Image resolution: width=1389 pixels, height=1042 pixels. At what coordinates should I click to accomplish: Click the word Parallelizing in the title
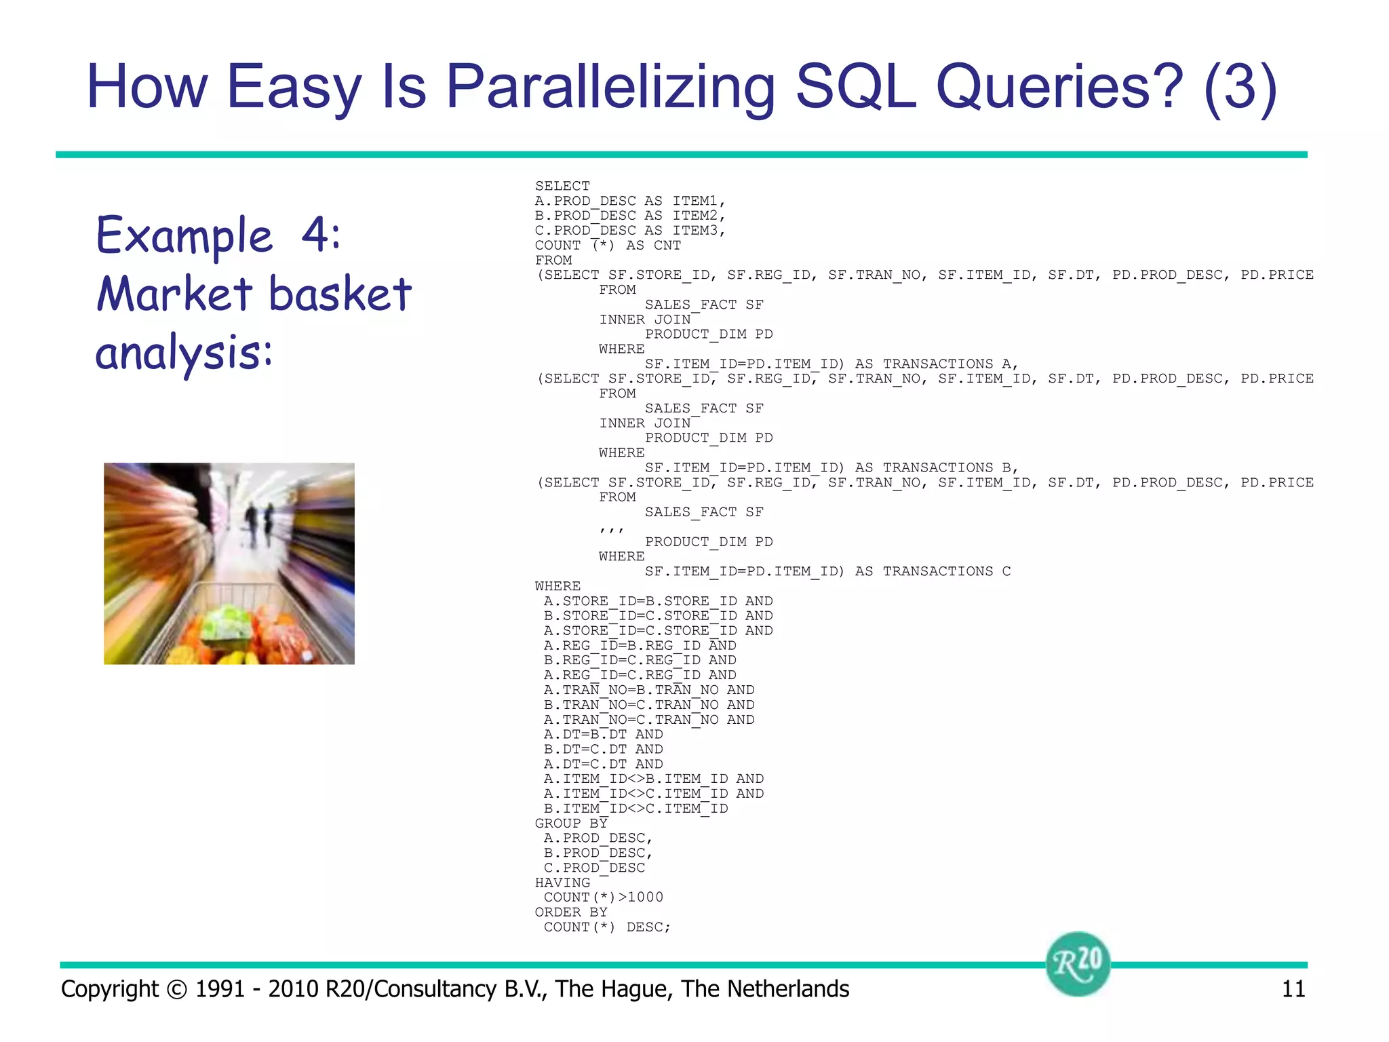coord(609,87)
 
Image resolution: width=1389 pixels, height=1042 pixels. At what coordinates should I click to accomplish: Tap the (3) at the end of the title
coord(1240,87)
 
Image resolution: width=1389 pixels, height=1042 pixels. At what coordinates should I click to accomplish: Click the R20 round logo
coord(1078,963)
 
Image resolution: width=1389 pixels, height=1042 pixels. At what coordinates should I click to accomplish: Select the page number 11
coord(1293,989)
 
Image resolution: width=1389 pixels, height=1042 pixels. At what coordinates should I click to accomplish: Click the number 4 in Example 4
coord(320,235)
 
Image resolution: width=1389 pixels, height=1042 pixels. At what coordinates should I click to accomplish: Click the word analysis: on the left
coord(183,353)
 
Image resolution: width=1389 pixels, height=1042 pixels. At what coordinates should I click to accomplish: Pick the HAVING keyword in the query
coord(562,883)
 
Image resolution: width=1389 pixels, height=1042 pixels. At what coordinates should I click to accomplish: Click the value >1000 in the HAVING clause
coord(641,898)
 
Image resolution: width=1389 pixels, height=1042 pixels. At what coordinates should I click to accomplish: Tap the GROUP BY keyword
coord(571,824)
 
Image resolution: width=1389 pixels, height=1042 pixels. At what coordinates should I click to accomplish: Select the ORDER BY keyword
coord(571,912)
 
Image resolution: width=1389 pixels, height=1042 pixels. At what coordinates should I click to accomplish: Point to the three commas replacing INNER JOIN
coord(611,528)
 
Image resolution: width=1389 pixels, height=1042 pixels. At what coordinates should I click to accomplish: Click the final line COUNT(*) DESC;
coord(607,927)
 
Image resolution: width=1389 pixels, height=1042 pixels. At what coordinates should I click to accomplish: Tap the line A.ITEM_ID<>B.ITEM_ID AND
coord(654,779)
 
